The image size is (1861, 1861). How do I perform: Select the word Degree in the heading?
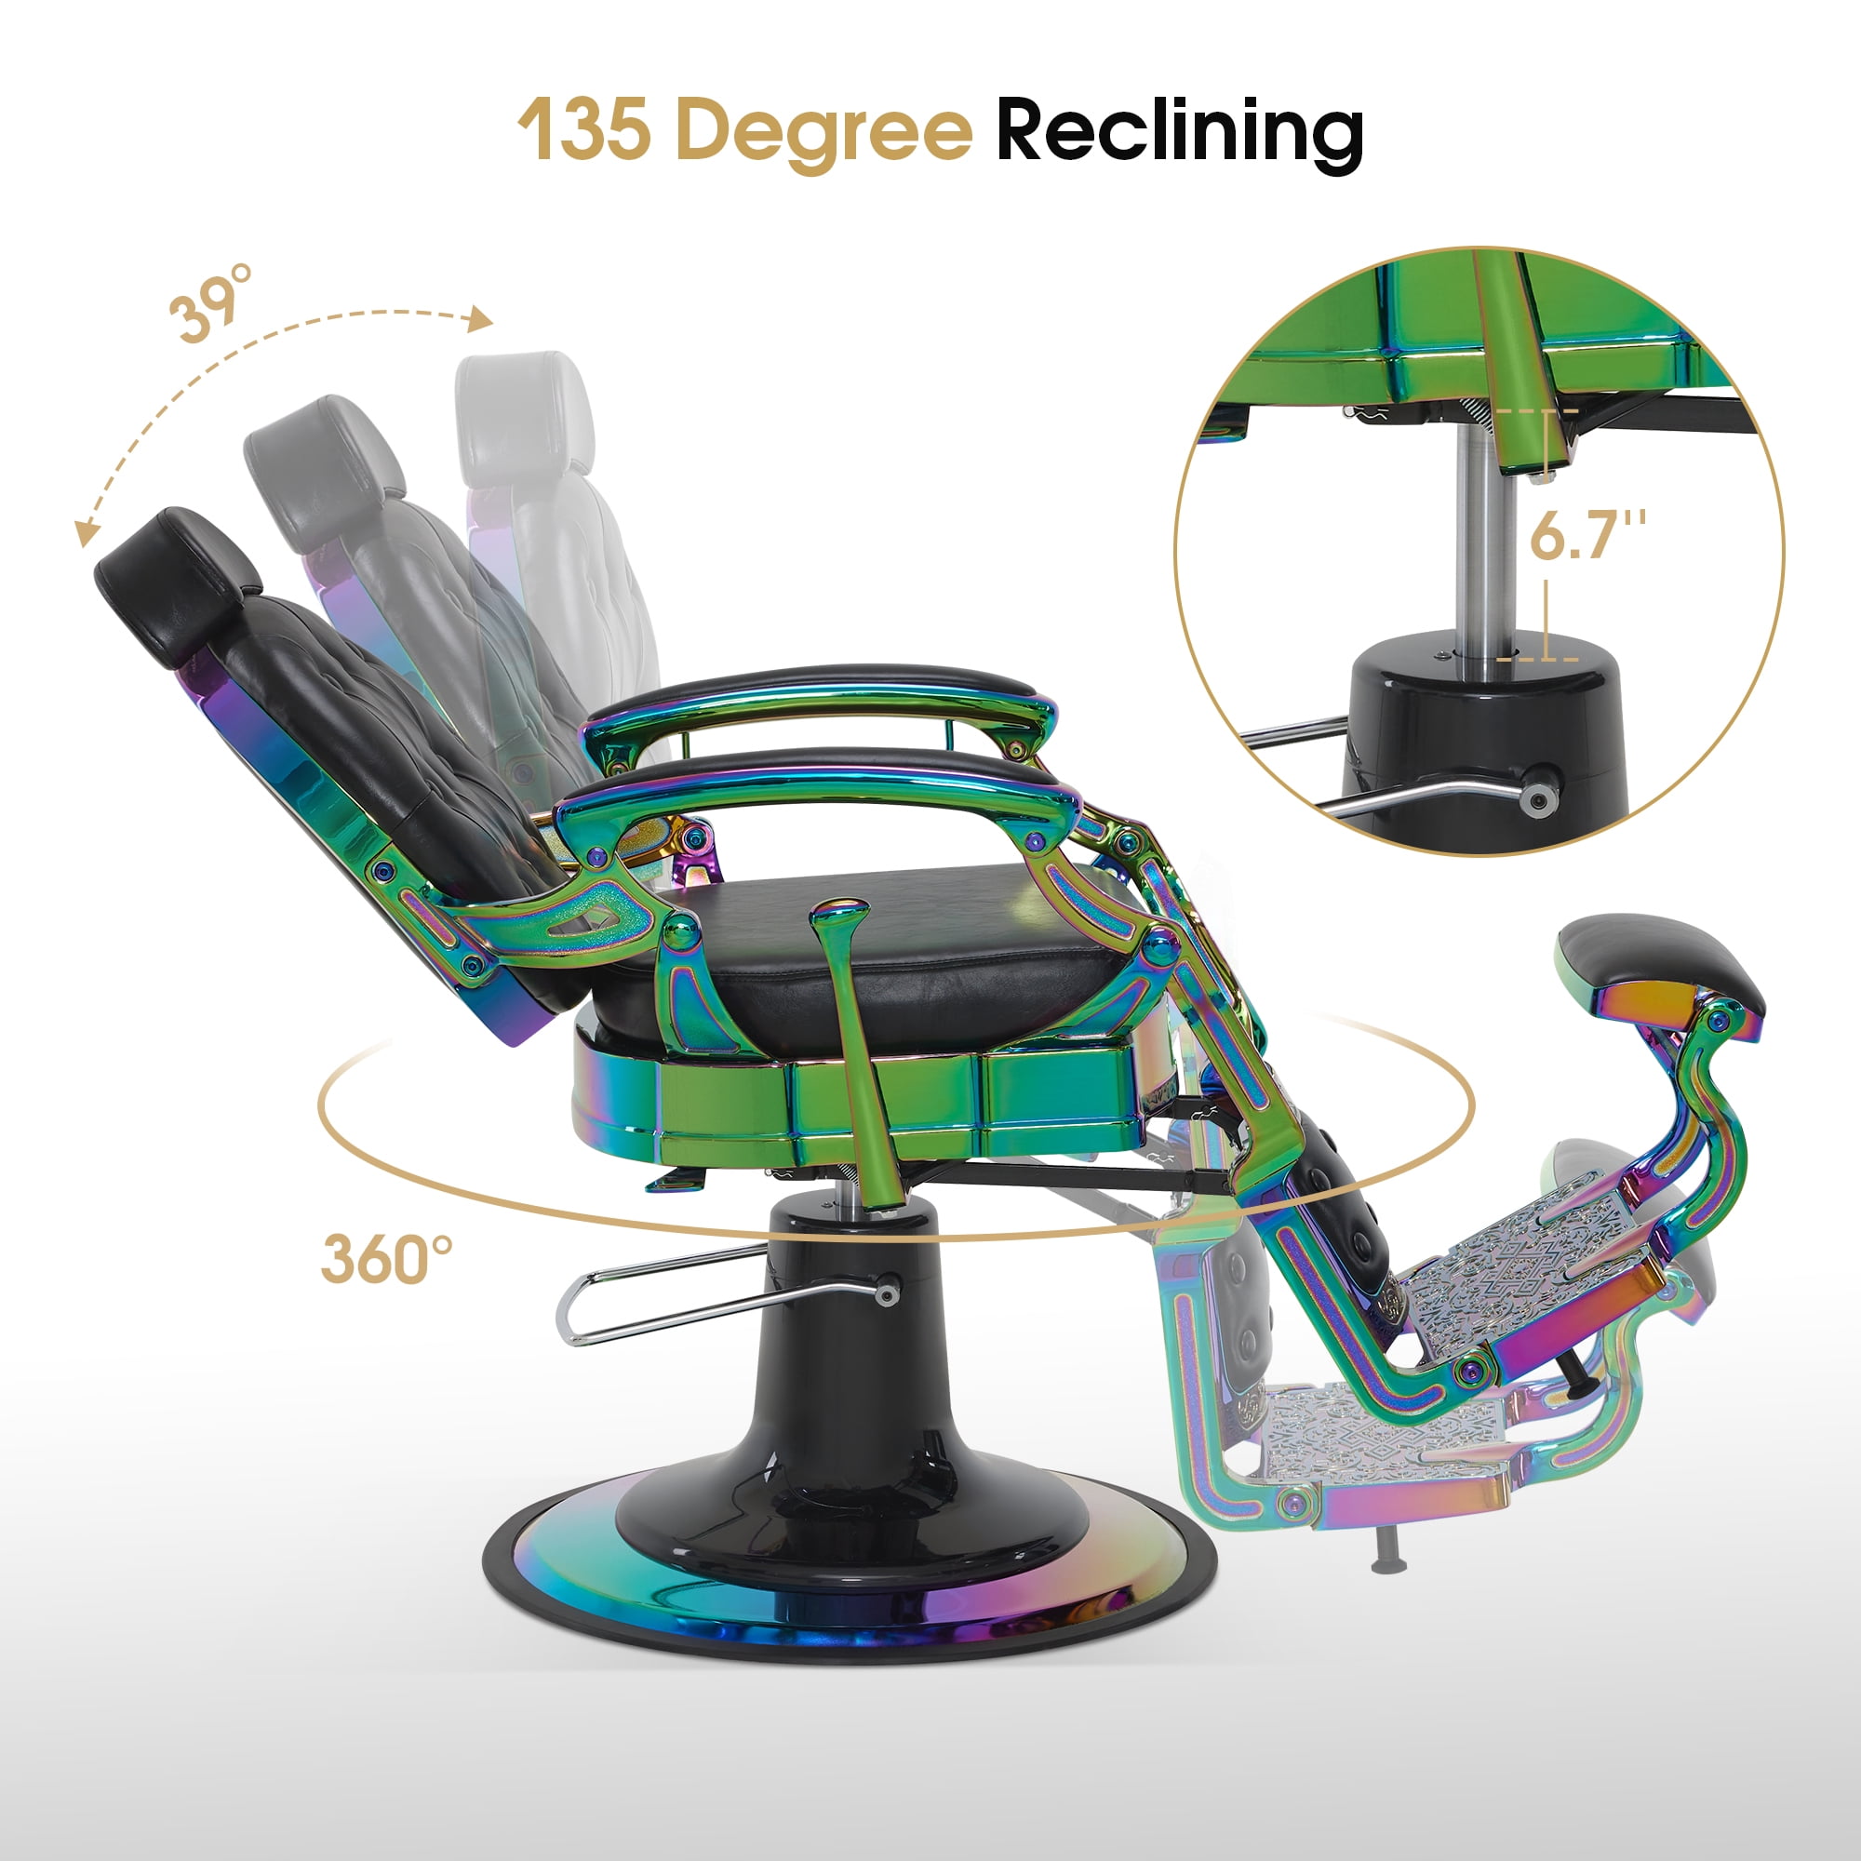pos(824,134)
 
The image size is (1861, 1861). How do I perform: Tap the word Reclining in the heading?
pos(1179,134)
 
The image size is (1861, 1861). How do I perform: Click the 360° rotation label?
pos(386,1258)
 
